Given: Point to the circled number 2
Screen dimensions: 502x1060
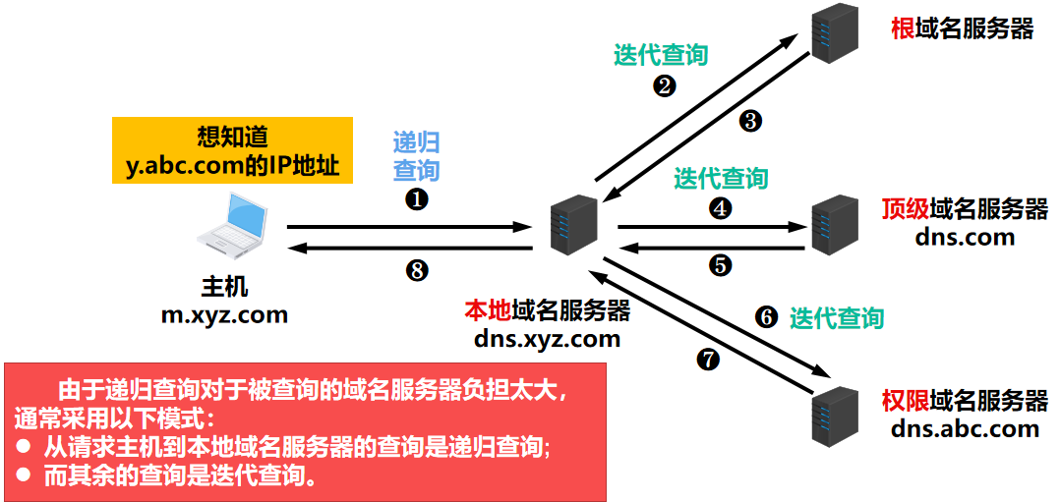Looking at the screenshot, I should [x=665, y=86].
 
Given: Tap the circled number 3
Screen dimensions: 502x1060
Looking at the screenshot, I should [x=750, y=121].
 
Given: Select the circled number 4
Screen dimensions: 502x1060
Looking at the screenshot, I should [x=722, y=208].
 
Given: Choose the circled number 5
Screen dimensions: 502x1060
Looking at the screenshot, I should [x=721, y=264].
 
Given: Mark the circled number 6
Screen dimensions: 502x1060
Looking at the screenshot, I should [x=766, y=317].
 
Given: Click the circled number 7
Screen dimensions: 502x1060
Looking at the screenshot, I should [x=707, y=361].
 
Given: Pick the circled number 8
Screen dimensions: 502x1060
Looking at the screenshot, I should [x=418, y=270].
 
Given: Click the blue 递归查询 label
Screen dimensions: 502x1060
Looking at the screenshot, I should [x=416, y=154].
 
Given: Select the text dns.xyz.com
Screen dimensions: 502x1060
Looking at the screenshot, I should [x=547, y=339].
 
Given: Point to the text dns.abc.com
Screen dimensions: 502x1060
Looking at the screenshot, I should [x=965, y=428].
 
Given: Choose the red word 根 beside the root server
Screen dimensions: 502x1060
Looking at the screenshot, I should [x=902, y=28].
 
